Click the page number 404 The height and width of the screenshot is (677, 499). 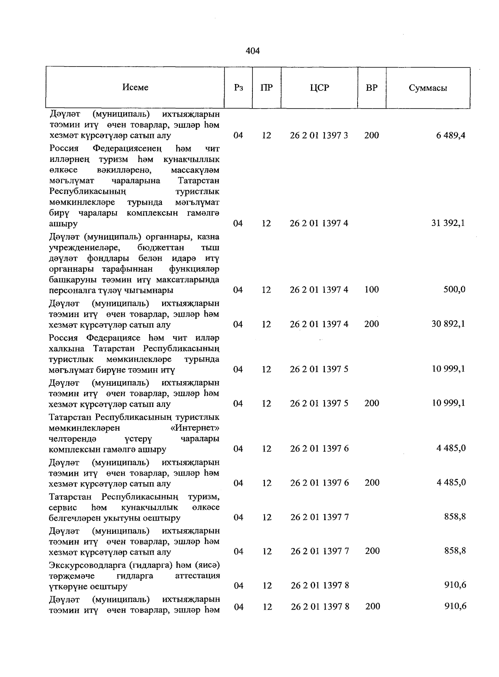click(x=253, y=51)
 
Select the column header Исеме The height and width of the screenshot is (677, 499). click(x=136, y=87)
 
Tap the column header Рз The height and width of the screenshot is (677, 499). click(x=238, y=88)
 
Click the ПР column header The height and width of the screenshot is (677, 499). click(x=267, y=88)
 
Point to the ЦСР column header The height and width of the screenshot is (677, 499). click(x=319, y=88)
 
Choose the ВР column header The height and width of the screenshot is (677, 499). click(x=371, y=88)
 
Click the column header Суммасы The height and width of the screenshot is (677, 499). click(x=428, y=88)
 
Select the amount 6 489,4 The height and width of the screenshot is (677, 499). click(x=451, y=135)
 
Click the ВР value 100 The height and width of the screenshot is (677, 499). click(x=371, y=290)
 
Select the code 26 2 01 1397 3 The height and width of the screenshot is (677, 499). click(x=319, y=135)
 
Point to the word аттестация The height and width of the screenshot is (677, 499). click(x=198, y=575)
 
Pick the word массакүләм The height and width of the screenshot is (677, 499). click(x=195, y=170)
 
